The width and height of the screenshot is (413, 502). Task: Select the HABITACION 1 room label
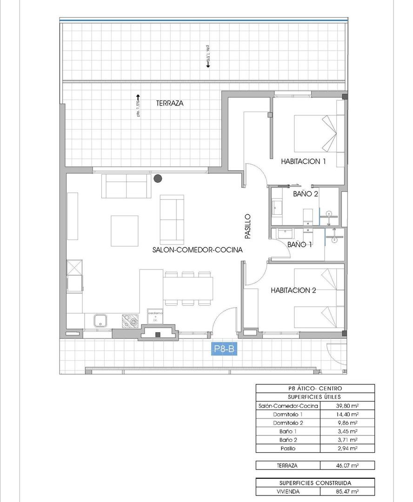(303, 162)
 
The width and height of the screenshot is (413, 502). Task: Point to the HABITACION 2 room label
(293, 291)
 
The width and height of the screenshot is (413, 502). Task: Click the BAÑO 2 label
(306, 194)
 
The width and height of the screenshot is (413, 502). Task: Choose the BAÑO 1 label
(300, 244)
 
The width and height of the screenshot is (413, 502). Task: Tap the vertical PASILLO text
(248, 226)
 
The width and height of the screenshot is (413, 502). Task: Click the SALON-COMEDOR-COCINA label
(198, 250)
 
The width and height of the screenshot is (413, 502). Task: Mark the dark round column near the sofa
(159, 178)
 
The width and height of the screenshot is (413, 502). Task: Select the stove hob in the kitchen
(130, 320)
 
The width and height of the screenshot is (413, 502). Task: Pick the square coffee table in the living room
(124, 231)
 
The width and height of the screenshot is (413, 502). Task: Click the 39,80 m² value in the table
(347, 405)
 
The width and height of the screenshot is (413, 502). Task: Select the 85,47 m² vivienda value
(347, 491)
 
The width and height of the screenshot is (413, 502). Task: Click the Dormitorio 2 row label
(288, 423)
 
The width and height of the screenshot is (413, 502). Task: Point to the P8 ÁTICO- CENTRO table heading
(315, 388)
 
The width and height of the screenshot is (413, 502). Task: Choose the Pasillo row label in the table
(288, 449)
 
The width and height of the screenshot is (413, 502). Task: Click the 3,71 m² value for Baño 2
(347, 440)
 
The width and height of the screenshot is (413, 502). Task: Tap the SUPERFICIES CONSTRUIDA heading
(315, 483)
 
